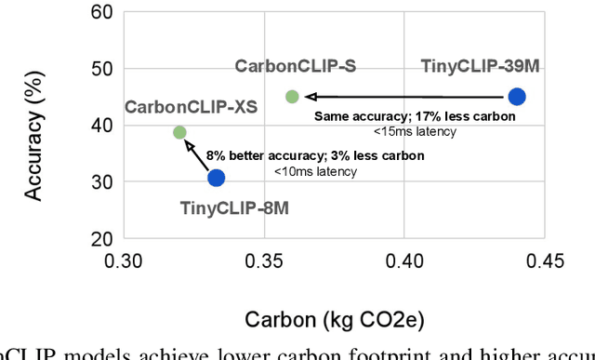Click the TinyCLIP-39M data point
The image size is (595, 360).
517,97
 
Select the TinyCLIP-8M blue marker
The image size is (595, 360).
216,178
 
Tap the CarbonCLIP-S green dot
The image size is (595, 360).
292,97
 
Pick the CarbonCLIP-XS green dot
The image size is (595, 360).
180,133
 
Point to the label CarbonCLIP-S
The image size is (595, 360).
296,66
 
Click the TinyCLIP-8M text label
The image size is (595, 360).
234,207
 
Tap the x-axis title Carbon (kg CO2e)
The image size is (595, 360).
335,320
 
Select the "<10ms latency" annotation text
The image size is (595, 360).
315,171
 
